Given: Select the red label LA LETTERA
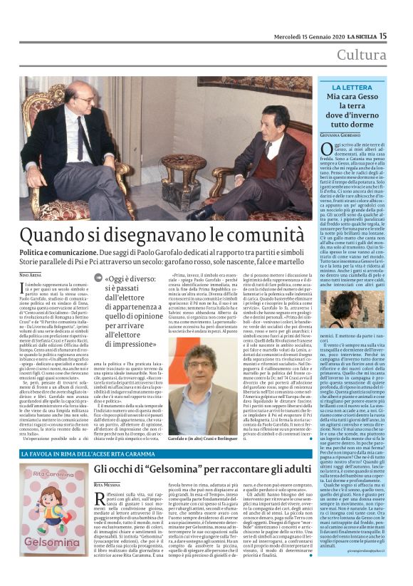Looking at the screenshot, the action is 356,88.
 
